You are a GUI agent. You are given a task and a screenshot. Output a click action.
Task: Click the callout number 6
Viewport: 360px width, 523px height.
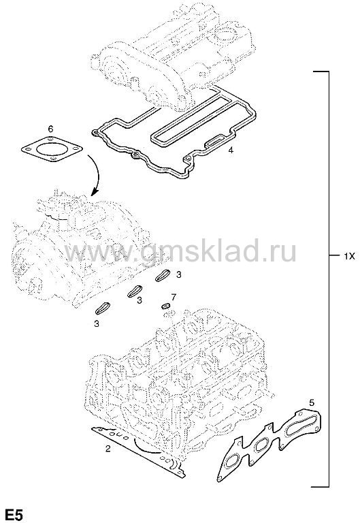(x=50, y=129)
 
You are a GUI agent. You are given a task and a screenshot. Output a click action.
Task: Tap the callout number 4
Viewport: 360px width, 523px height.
(x=231, y=150)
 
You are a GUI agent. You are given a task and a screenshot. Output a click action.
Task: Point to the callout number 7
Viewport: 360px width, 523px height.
(x=174, y=297)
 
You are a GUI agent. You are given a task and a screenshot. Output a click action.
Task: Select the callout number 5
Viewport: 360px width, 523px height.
(x=312, y=402)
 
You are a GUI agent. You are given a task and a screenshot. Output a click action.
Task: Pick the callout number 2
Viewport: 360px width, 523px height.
(x=108, y=449)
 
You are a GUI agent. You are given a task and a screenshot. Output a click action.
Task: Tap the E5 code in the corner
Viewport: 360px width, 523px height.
(x=12, y=515)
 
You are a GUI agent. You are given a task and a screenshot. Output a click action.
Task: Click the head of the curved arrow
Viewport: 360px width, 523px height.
(x=95, y=193)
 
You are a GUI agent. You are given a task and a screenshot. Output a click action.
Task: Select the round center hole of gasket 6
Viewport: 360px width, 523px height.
(x=52, y=148)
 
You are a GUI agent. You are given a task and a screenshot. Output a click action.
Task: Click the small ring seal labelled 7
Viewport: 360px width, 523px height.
(x=165, y=306)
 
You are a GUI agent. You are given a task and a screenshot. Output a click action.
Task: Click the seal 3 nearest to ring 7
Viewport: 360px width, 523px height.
(x=163, y=276)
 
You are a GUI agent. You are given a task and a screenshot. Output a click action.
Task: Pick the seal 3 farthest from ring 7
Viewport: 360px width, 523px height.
(x=102, y=308)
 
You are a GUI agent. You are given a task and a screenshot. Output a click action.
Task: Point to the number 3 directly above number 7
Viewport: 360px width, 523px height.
(x=179, y=275)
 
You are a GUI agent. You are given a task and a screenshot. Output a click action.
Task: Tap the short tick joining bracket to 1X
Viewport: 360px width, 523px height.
(x=334, y=256)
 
